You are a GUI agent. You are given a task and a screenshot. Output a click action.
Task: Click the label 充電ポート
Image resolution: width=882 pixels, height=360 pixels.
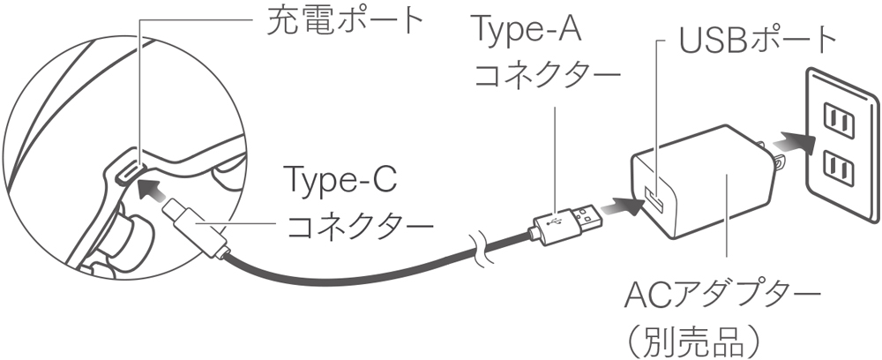click(346, 21)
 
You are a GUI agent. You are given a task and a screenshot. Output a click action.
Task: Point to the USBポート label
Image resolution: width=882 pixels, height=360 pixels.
click(758, 39)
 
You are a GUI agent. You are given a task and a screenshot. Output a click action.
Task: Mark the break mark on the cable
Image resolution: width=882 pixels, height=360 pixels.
click(479, 247)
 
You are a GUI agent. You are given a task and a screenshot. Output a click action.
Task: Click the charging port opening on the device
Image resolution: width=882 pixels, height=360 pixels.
click(125, 170)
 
